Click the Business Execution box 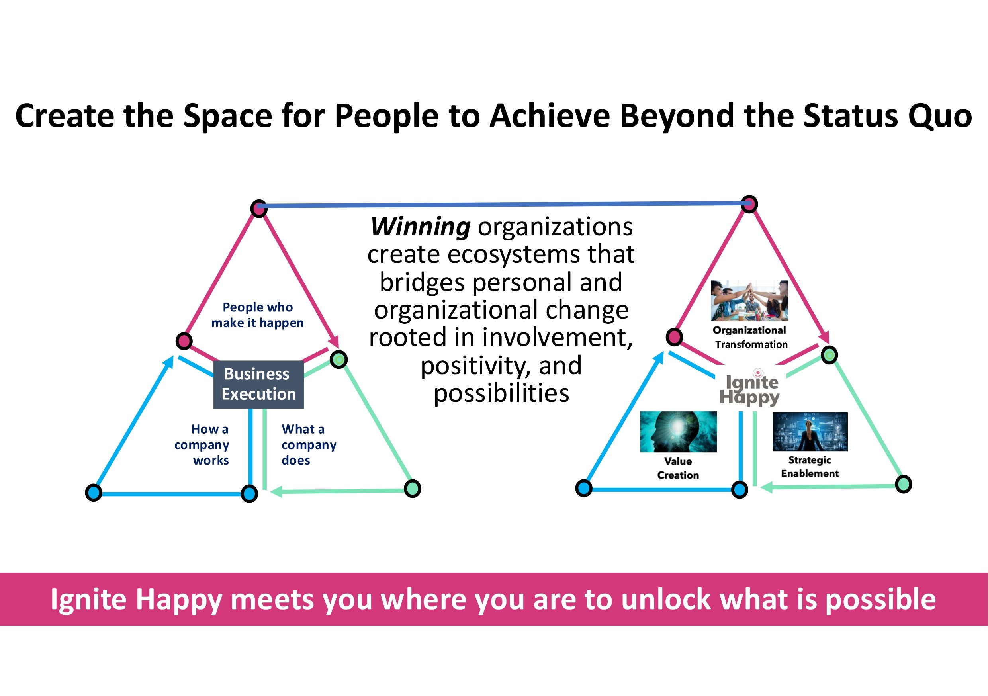[x=258, y=384]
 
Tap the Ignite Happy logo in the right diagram [x=749, y=387]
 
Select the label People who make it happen [x=257, y=315]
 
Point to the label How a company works [x=202, y=444]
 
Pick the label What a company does [x=309, y=444]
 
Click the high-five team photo [x=749, y=301]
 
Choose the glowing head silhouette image [x=679, y=432]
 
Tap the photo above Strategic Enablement [x=810, y=432]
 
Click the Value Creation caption [x=678, y=468]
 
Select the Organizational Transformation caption [x=750, y=337]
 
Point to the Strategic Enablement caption [x=810, y=467]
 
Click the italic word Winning [x=421, y=227]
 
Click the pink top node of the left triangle [x=258, y=209]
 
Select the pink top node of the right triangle [x=749, y=204]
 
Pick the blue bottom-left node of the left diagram [x=93, y=493]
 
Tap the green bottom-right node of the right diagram [x=903, y=484]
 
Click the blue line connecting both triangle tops [x=504, y=205]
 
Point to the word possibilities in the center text [x=501, y=393]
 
